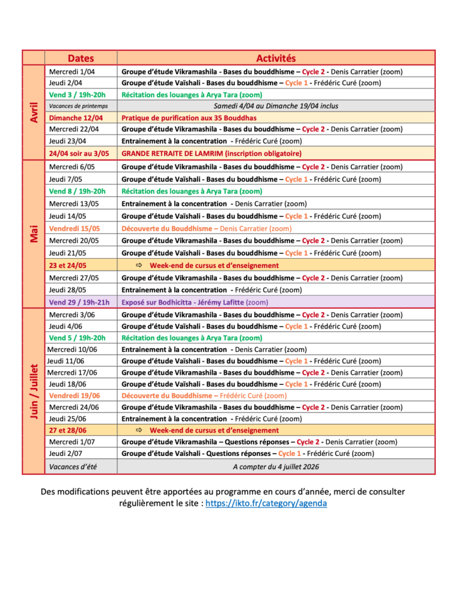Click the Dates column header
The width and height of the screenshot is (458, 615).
pyautogui.click(x=81, y=58)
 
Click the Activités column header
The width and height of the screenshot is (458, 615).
pyautogui.click(x=276, y=58)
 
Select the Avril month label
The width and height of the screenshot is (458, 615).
pyautogui.click(x=34, y=112)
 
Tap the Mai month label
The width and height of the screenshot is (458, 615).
pyautogui.click(x=34, y=234)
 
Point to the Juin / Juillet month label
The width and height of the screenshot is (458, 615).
pyautogui.click(x=34, y=391)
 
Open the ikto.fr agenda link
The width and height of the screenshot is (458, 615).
pyautogui.click(x=266, y=503)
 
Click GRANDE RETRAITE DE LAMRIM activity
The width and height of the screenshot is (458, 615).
pyautogui.click(x=212, y=153)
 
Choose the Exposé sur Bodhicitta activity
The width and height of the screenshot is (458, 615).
pyautogui.click(x=195, y=302)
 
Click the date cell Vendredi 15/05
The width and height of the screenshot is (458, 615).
pyautogui.click(x=75, y=228)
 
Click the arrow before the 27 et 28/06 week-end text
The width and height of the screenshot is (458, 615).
pyautogui.click(x=139, y=430)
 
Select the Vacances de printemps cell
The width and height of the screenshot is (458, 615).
pyautogui.click(x=79, y=106)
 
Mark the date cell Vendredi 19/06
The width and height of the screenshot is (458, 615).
pyautogui.click(x=75, y=395)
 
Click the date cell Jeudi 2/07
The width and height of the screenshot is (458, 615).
pyautogui.click(x=66, y=453)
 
